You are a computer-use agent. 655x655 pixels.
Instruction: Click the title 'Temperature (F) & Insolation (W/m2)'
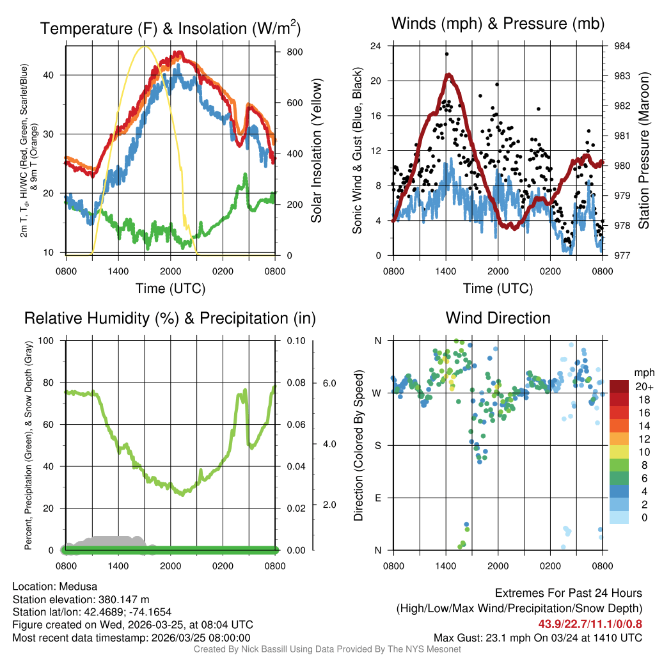[x=170, y=28]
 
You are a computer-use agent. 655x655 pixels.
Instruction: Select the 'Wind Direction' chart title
[x=498, y=318]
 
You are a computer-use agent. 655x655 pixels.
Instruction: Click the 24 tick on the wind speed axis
[x=376, y=46]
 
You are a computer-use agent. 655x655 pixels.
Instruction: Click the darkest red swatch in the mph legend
[x=619, y=386]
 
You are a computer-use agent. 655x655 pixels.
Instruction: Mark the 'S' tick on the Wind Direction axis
[x=377, y=445]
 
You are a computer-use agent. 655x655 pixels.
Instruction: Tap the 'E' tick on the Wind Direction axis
[x=377, y=498]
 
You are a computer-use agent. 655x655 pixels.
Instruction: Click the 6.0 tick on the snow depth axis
[x=329, y=383]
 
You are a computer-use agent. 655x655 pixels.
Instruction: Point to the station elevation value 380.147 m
[x=123, y=599]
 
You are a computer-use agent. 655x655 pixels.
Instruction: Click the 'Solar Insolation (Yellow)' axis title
[x=317, y=151]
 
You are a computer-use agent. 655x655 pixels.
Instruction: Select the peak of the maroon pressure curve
[x=450, y=75]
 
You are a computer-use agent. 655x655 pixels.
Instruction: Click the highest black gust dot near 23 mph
[x=446, y=54]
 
